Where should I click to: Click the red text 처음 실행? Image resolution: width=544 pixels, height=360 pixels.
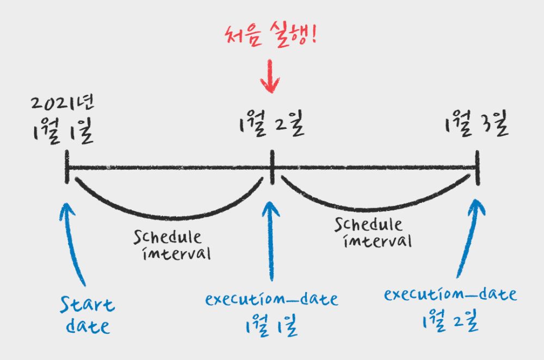pyautogui.click(x=270, y=36)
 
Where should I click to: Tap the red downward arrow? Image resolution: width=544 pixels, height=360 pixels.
pyautogui.click(x=270, y=77)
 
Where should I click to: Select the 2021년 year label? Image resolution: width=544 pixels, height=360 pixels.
pyautogui.click(x=59, y=104)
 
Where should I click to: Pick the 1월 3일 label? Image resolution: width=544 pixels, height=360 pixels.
pyautogui.click(x=476, y=127)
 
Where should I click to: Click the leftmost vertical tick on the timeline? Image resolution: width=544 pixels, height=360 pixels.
pyautogui.click(x=67, y=167)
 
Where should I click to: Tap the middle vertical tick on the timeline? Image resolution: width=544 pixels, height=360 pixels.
pyautogui.click(x=271, y=167)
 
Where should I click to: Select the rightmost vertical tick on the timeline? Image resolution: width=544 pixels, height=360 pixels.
pyautogui.click(x=477, y=167)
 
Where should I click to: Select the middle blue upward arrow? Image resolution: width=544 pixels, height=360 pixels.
pyautogui.click(x=271, y=239)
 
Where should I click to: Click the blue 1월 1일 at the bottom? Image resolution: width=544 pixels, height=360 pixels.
pyautogui.click(x=270, y=327)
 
